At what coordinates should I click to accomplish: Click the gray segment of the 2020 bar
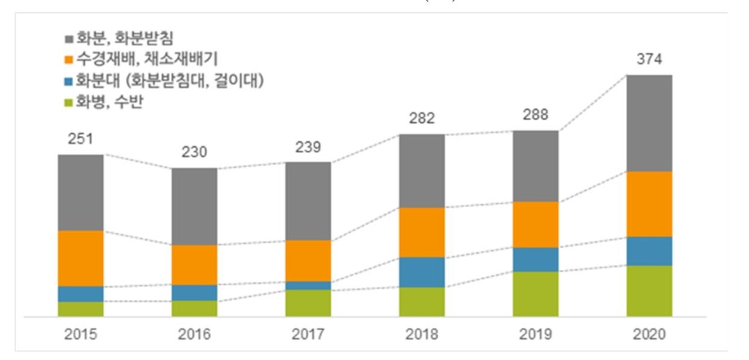650,123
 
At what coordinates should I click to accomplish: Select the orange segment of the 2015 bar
80,258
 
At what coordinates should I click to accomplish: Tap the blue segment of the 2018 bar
422,271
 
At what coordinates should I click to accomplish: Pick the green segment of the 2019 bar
535,293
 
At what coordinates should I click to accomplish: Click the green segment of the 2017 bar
308,303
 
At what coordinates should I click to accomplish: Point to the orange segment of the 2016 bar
195,264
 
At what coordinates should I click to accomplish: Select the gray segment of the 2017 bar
308,200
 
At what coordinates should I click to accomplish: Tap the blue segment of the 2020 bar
650,250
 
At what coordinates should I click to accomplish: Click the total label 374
650,60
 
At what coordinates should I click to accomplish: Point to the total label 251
80,139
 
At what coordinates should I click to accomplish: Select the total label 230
195,152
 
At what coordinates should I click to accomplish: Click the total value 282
422,119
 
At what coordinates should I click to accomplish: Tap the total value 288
535,115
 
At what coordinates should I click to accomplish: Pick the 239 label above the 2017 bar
308,146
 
